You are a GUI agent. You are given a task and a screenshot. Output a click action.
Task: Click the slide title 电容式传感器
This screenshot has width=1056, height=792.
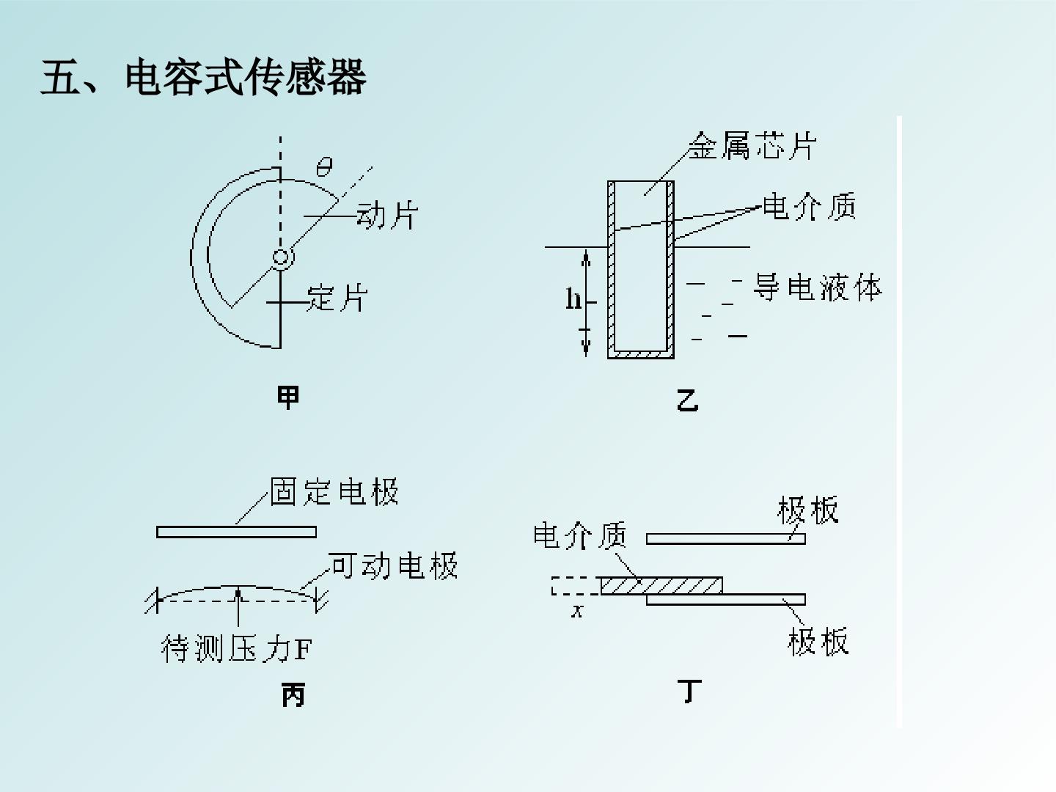pos(246,77)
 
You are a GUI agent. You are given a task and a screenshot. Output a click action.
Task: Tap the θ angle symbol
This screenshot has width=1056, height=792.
pos(324,167)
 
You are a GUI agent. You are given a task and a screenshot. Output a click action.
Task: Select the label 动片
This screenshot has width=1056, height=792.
pos(387,215)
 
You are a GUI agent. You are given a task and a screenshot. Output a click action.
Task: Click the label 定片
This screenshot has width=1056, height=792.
pos(337,298)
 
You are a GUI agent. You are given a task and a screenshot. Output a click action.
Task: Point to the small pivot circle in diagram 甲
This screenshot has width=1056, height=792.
pos(281,257)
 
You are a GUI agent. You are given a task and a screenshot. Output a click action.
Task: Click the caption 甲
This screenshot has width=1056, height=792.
pos(288,397)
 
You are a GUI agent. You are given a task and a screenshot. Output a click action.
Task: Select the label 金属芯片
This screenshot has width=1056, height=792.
pos(752,145)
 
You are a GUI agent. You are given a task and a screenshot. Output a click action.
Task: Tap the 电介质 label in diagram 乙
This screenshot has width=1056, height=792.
pos(809,206)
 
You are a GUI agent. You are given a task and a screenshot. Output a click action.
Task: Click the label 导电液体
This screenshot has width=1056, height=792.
pos(818,287)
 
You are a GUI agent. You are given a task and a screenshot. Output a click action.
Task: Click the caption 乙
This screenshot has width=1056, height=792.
pos(687,400)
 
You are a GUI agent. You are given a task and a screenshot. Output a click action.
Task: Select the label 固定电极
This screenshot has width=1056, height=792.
pos(334,491)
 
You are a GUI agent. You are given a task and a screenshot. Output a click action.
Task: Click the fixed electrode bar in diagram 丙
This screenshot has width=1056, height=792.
pos(236,532)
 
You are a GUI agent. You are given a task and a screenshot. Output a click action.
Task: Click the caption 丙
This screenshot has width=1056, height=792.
pos(293,695)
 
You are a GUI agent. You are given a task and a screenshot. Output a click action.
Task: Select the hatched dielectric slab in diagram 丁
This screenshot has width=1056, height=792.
pos(661,586)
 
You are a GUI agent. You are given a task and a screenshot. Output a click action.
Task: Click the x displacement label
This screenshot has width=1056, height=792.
pos(577,611)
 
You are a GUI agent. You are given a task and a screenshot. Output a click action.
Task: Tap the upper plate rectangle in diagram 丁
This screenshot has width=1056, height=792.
pos(725,538)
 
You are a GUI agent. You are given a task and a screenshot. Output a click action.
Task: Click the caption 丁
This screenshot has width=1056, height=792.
pos(689,691)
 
